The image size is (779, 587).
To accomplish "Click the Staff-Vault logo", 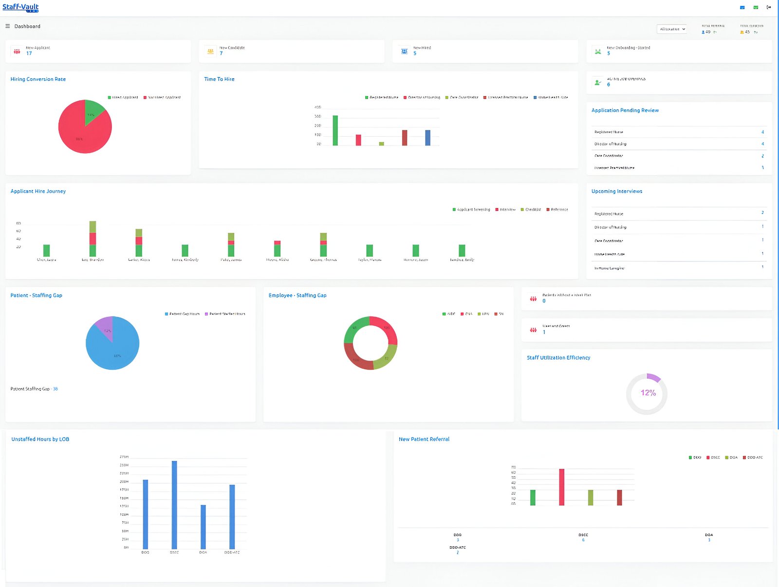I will click(20, 7).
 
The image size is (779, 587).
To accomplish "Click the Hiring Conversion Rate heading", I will click(38, 79).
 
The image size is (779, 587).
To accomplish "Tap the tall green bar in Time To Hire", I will click(335, 130).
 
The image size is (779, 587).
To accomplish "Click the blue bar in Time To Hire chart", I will click(427, 138).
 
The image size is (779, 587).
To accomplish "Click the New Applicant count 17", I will click(29, 54).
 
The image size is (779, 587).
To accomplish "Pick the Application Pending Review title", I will click(625, 110).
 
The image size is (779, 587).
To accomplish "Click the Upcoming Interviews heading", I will click(616, 191).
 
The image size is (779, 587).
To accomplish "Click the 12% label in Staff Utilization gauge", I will click(648, 393).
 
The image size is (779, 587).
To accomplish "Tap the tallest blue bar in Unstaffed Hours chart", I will click(174, 505).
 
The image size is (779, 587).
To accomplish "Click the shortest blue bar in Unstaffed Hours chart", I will click(203, 527).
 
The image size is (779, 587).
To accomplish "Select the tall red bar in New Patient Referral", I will click(561, 487).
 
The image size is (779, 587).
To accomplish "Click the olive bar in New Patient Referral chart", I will click(591, 497).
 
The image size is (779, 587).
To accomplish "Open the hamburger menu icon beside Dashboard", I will click(7, 26).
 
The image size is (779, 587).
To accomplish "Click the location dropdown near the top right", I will click(672, 29).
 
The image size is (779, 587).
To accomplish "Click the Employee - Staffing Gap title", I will click(297, 295).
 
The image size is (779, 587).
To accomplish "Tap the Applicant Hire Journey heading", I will click(38, 191).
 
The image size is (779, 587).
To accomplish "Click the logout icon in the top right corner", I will click(769, 7).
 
